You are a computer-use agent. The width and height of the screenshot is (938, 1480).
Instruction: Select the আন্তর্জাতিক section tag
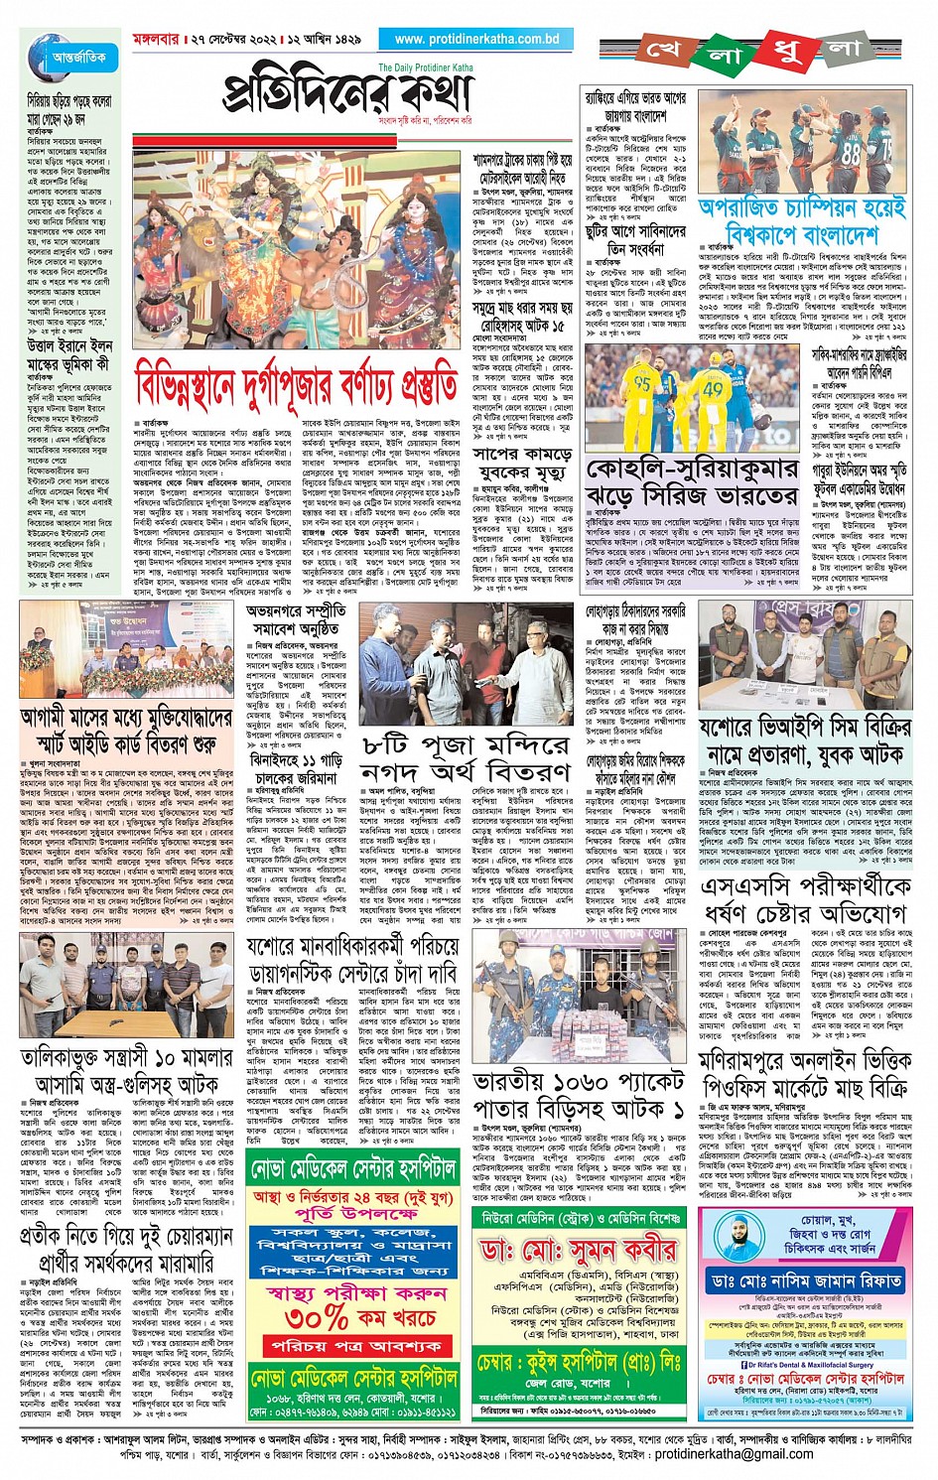tap(80, 57)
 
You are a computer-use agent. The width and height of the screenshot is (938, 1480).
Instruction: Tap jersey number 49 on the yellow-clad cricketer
tap(714, 389)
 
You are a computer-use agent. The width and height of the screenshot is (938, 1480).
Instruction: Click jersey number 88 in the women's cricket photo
tap(851, 154)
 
